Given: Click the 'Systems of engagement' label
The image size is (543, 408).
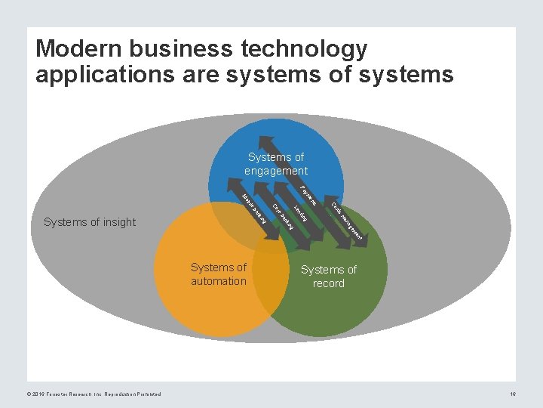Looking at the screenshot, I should (275, 164).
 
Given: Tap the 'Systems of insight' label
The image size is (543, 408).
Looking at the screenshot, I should (90, 222).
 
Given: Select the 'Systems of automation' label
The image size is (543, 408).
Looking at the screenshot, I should (219, 274).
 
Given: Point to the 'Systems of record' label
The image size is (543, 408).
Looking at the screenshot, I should (328, 277).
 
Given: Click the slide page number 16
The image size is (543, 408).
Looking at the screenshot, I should (513, 394).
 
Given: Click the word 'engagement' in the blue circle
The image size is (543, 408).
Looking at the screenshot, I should (275, 171).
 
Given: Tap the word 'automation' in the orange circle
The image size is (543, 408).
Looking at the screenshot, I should (219, 281).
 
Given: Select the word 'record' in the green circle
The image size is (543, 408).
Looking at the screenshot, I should (328, 283).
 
